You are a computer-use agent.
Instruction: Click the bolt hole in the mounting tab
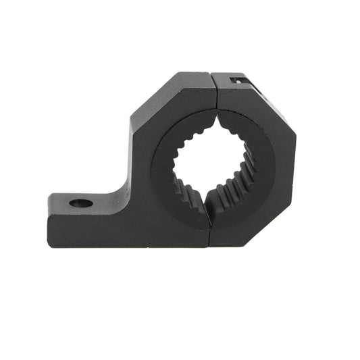(81, 202)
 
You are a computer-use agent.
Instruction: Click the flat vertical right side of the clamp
(290, 162)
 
